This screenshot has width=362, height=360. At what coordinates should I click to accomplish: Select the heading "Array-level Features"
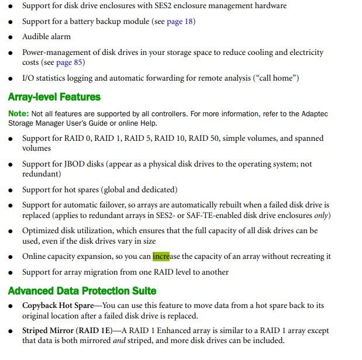[x=54, y=97]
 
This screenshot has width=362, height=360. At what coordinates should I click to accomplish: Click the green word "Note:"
[x=18, y=113]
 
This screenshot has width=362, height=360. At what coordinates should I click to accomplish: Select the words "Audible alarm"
[x=47, y=37]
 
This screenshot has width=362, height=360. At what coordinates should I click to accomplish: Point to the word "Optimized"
[x=42, y=231]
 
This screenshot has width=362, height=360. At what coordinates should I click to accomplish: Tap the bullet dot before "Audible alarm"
[x=11, y=37]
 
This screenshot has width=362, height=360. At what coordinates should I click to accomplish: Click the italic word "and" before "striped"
[x=119, y=341]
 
